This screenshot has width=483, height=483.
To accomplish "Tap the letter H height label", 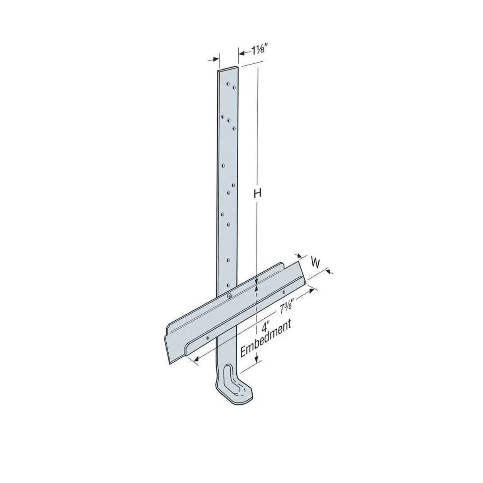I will click(x=257, y=194).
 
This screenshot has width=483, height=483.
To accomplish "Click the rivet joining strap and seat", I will click(x=230, y=296).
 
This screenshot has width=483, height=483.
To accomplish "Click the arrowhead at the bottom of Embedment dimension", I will click(x=257, y=359).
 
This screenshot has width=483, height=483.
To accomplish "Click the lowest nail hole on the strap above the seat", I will click(x=228, y=284).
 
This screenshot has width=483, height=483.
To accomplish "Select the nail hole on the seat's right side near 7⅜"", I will click(x=283, y=292).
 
